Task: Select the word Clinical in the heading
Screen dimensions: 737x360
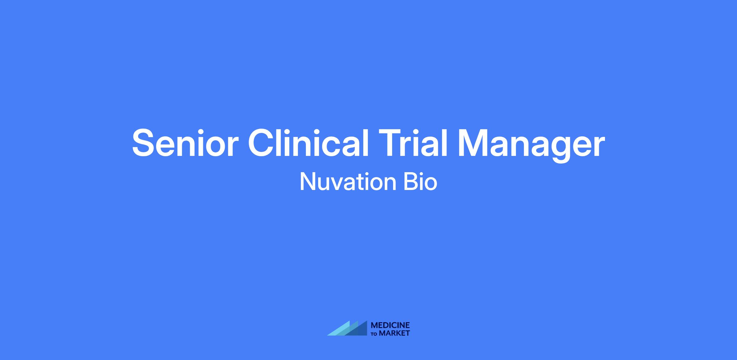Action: point(308,143)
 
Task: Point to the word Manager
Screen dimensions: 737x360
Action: point(531,146)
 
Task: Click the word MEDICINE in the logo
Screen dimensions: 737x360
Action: point(390,325)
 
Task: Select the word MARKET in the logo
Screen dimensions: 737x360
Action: point(395,333)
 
